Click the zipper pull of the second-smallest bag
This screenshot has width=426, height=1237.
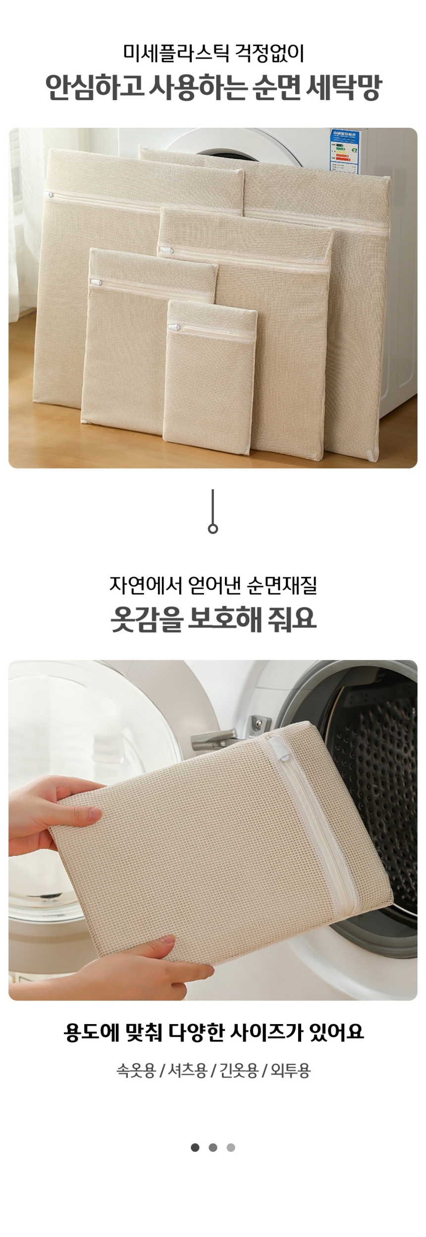[x=96, y=283]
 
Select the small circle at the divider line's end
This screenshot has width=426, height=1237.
[x=213, y=529]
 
